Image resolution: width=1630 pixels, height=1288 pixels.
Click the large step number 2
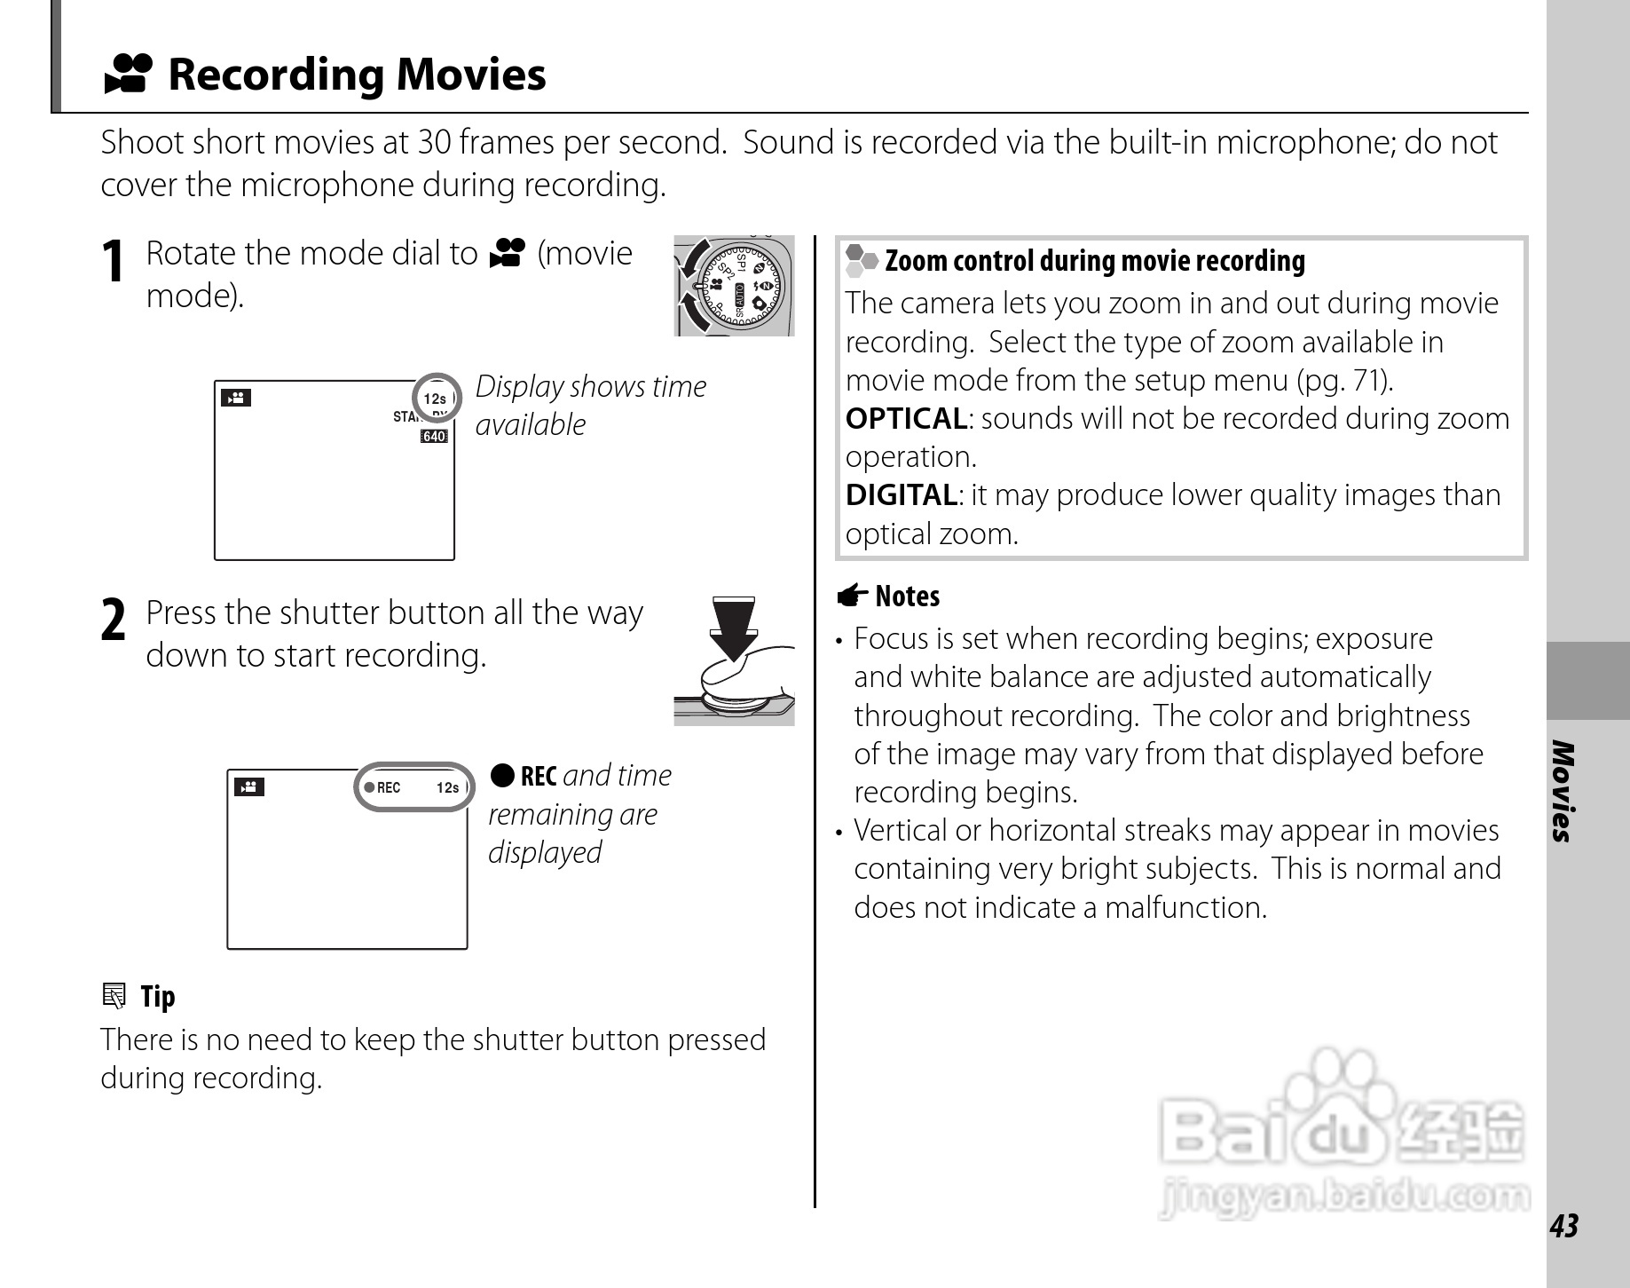point(113,620)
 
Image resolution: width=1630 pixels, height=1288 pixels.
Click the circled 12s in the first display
point(436,398)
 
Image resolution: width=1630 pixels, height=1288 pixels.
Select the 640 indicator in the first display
point(434,436)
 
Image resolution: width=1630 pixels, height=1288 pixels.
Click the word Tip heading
point(157,996)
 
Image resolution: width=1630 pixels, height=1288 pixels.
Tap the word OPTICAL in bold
point(905,418)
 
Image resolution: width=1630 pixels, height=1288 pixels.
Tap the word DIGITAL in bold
point(901,494)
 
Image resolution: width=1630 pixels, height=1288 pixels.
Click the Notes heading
point(906,596)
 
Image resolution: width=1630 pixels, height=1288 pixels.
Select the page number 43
point(1564,1225)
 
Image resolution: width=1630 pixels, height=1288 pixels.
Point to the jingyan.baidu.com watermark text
point(1343,1197)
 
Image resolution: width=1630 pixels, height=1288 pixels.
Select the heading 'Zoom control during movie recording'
point(1094,261)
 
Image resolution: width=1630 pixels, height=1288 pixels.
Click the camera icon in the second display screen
point(249,786)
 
